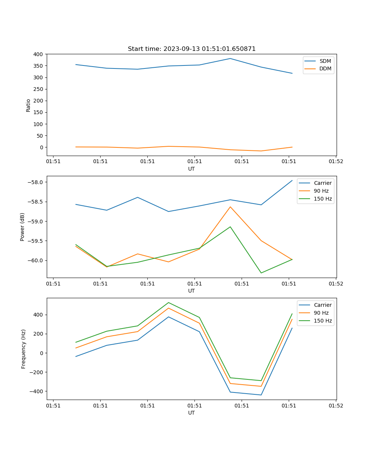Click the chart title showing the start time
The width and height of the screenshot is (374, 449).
[x=191, y=49]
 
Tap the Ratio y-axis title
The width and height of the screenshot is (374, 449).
[x=28, y=105]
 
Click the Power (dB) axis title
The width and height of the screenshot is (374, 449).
[x=22, y=227]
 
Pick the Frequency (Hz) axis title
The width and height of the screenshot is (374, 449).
[x=23, y=349]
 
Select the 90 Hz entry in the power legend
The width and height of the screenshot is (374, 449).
[x=321, y=191]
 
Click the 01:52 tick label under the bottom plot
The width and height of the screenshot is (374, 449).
[x=335, y=405]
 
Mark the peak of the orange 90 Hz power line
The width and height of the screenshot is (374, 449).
[x=230, y=207]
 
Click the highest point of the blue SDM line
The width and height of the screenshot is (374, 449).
[x=230, y=58]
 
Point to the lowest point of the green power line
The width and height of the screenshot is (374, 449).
[x=261, y=273]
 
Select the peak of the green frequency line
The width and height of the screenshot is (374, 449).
[x=169, y=302]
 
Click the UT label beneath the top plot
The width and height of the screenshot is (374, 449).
[x=191, y=169]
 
